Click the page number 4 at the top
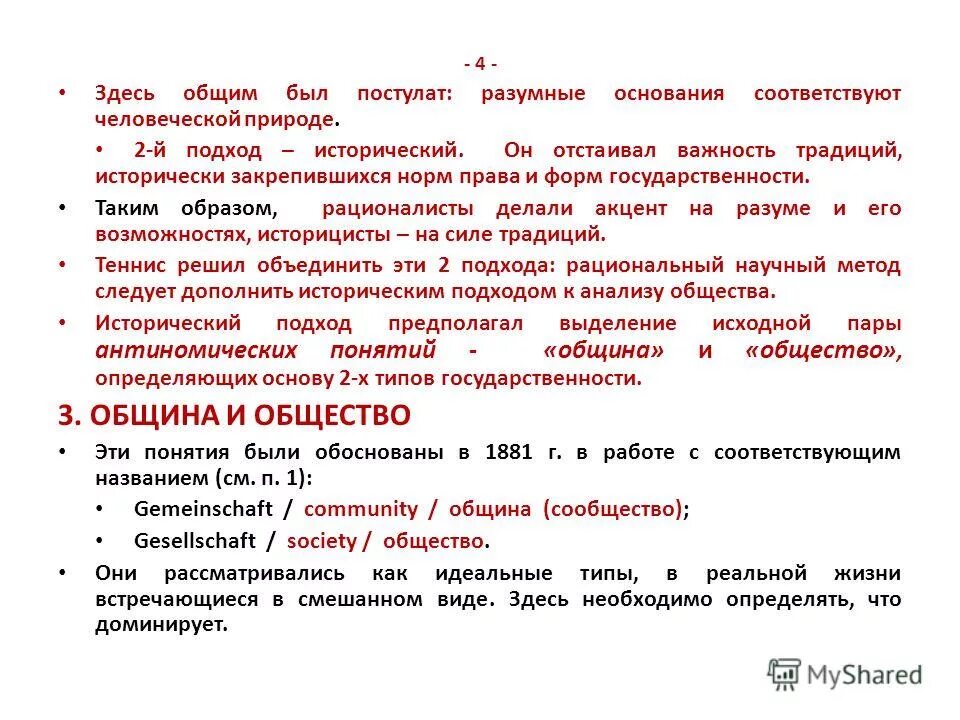480,64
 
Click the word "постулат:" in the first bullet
403,93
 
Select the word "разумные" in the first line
533,93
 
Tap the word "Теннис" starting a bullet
130,266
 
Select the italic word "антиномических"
196,351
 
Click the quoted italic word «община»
604,351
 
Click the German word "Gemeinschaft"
203,509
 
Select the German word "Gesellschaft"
196,541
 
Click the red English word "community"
361,509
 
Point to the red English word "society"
321,541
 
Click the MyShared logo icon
785,674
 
